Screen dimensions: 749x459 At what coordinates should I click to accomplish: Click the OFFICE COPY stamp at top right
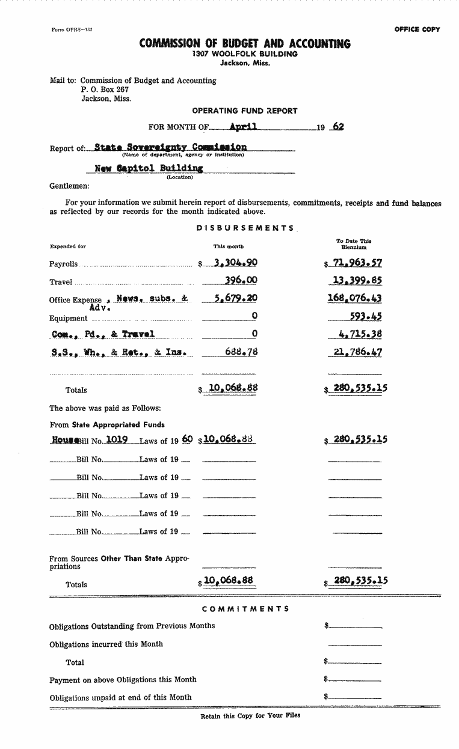(x=417, y=29)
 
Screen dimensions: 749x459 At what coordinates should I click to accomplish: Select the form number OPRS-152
(x=72, y=29)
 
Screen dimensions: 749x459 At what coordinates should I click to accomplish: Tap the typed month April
(x=244, y=126)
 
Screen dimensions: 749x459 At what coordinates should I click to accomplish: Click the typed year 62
(x=338, y=127)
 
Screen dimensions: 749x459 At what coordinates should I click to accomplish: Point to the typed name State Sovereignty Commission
(x=170, y=147)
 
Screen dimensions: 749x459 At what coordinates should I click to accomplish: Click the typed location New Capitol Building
(x=149, y=168)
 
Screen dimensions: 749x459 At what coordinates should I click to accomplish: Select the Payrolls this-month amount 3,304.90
(x=236, y=263)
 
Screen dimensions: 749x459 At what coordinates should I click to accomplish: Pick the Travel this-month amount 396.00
(x=241, y=280)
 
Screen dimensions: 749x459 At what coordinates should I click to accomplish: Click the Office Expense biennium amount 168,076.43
(x=354, y=298)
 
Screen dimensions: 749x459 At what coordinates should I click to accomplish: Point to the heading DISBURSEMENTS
(x=245, y=228)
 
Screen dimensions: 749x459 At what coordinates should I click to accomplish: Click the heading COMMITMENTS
(x=245, y=608)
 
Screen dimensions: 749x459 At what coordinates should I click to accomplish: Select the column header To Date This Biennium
(x=354, y=243)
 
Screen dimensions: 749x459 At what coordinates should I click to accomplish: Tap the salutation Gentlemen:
(x=69, y=186)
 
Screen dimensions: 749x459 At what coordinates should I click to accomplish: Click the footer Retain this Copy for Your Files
(x=250, y=716)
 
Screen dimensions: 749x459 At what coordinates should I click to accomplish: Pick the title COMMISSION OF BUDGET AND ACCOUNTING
(x=245, y=43)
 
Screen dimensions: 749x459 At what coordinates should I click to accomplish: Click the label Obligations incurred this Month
(x=106, y=644)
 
